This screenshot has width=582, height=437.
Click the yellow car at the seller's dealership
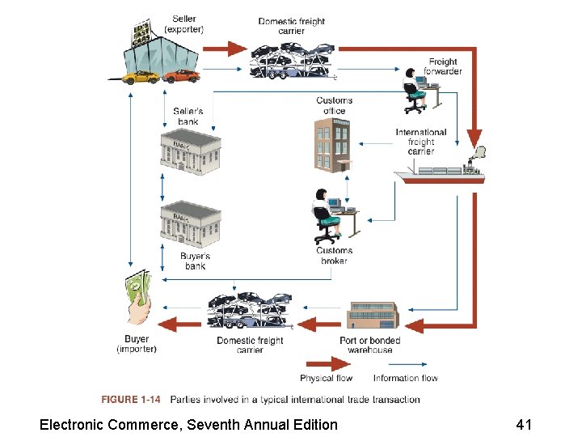[x=141, y=77]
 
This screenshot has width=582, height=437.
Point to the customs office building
[x=333, y=145]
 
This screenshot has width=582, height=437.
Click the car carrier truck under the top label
[x=291, y=60]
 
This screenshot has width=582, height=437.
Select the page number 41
[x=524, y=424]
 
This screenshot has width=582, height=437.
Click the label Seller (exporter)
[x=184, y=24]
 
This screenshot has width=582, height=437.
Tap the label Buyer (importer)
[x=137, y=344]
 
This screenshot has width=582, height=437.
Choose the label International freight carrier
[x=421, y=142]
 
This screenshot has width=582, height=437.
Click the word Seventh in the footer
[x=216, y=424]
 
